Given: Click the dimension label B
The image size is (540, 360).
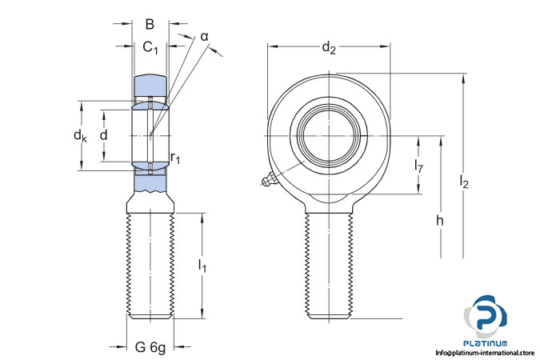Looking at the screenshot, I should point(149,24).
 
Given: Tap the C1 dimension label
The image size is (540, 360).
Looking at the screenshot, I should point(150,49).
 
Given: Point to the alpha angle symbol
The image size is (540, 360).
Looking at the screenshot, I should point(204,36).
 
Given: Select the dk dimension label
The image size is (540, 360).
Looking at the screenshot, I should point(80,136).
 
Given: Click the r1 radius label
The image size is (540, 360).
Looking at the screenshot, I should point(175,159).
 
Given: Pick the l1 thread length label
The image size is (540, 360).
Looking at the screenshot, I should point(202,266).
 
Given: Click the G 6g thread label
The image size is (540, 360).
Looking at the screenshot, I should point(150,347).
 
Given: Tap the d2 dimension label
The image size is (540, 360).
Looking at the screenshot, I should point(329,48).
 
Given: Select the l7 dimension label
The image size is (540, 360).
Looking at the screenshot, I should point(418,166).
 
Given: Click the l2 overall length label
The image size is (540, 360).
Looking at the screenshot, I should point(464,183).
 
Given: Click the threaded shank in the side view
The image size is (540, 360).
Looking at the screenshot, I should point(150,264).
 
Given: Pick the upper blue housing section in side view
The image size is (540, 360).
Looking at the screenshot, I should point(150,85).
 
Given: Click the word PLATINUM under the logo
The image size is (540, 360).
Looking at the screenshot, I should point(487,342).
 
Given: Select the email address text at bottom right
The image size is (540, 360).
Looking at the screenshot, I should point(486,353).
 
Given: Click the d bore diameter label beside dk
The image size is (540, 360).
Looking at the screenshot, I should point(103,135).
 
